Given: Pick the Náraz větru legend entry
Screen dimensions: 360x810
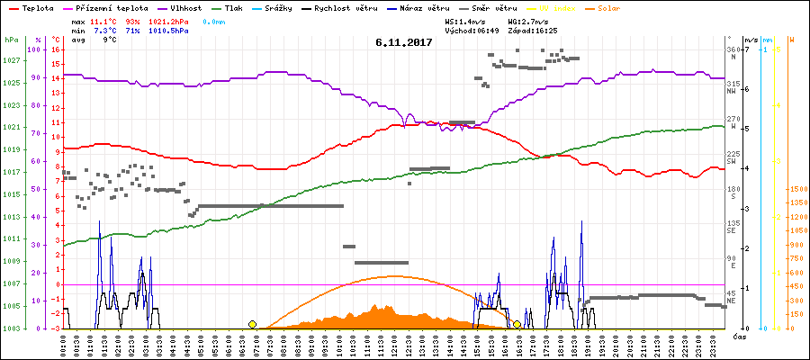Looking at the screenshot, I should coord(421,6).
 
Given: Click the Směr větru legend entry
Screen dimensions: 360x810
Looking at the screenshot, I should coord(492,6).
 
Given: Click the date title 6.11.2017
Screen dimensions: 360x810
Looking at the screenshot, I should coord(404,41).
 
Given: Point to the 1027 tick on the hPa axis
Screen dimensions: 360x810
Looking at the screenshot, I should coord(11,60).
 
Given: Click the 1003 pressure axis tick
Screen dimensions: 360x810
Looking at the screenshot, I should coord(11,328).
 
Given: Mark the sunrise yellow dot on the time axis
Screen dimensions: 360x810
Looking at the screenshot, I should coord(252,324).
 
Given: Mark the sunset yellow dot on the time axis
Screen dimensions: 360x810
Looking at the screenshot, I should coord(517,324).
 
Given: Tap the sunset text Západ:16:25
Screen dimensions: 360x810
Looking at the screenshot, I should coord(533,30).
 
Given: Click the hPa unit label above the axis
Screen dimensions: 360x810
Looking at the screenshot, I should coord(11,40).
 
